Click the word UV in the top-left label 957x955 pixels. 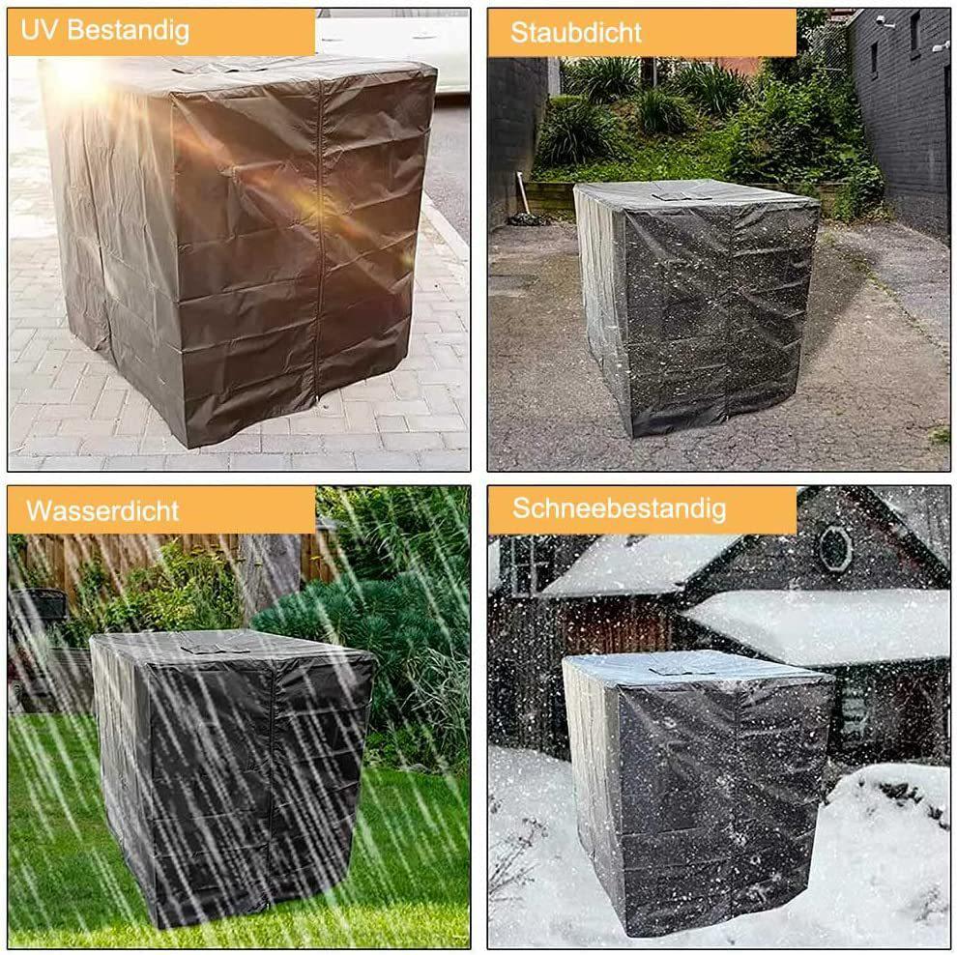point(35,30)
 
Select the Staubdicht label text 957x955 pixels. point(576,33)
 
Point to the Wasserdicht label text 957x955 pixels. point(102,509)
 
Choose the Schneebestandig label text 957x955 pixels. point(619,508)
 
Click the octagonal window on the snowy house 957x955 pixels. point(834,548)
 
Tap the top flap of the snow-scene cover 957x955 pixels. point(681,668)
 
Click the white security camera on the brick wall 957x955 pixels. point(884,21)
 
